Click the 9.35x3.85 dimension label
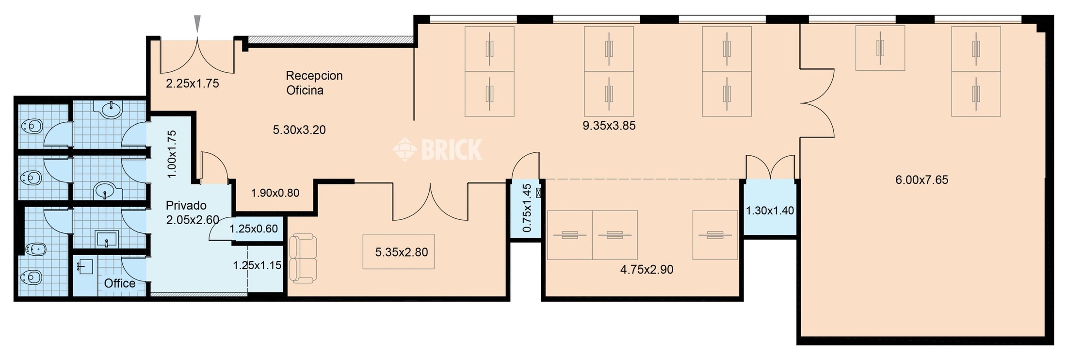point(609,126)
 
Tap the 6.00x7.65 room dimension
point(921,180)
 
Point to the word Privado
point(186,205)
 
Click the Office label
point(120,283)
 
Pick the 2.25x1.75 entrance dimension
point(193,83)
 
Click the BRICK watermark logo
point(437,149)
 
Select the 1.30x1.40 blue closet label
point(770,211)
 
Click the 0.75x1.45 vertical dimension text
point(527,208)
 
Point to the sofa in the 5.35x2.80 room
point(303,259)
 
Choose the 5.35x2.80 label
point(402,252)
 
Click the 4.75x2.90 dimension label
point(647,269)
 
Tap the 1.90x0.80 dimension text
point(275,193)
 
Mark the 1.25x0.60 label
point(254,229)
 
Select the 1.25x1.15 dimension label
point(257,265)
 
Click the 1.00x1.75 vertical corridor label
point(172,154)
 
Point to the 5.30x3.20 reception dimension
point(299,130)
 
